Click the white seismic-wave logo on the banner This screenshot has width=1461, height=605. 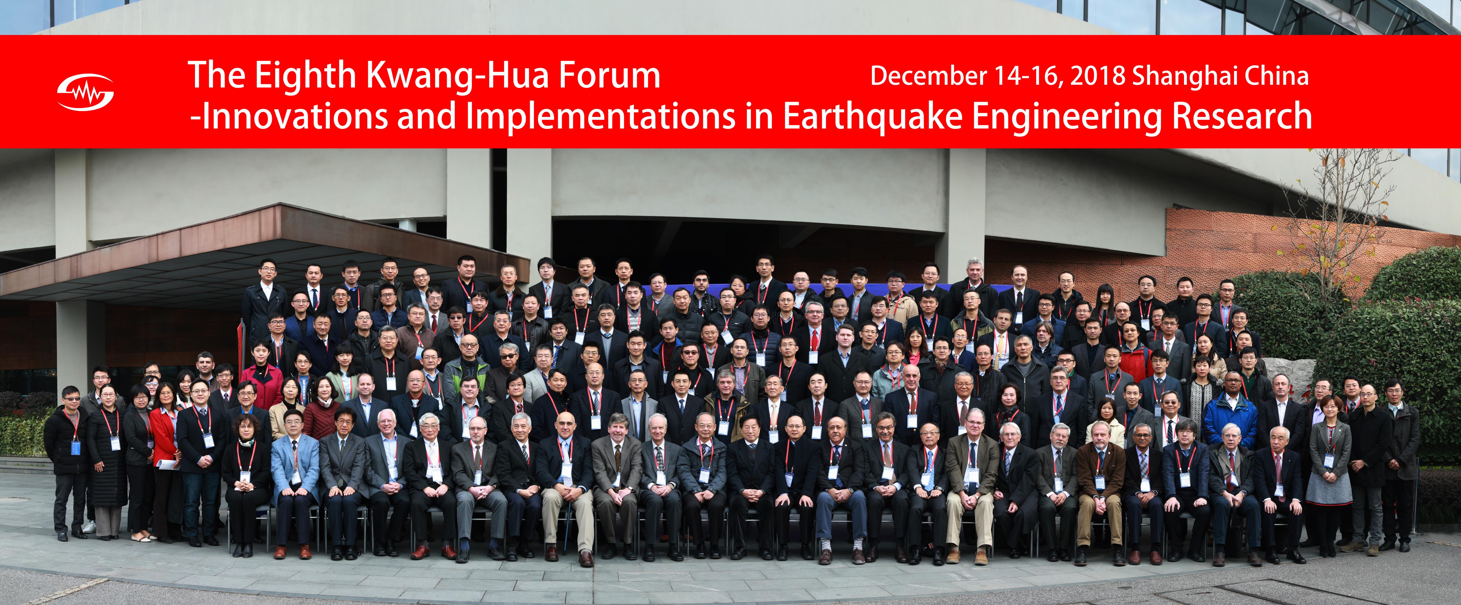[85, 92]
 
